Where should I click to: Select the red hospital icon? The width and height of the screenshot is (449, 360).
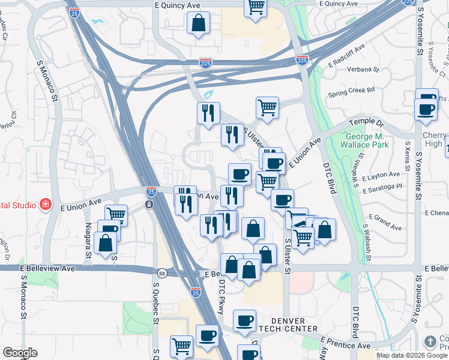coord(45,205)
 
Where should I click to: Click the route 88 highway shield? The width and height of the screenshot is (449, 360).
coord(161,273)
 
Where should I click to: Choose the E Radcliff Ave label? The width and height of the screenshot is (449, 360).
coord(347,57)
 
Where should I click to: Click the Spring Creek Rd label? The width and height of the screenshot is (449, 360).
coord(351,92)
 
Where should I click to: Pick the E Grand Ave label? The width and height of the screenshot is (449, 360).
coord(385,222)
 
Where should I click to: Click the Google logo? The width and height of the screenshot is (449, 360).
coord(20,353)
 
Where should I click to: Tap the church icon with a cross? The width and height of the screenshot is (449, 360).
coord(430,342)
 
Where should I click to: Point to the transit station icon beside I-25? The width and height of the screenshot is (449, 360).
coord(149,205)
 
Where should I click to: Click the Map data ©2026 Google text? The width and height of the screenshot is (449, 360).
coord(411,355)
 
